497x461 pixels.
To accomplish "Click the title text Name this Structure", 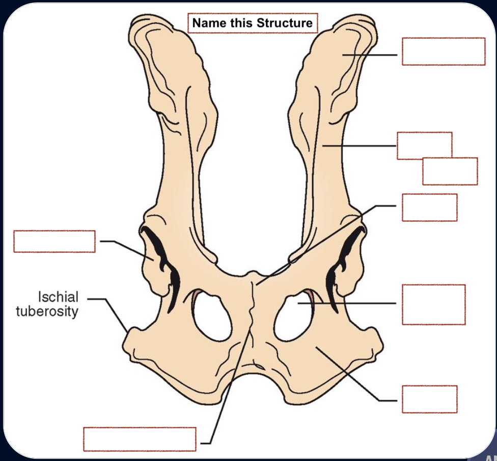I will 253,23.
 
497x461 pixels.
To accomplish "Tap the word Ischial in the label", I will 58,297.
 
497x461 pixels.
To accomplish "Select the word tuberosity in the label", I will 47,311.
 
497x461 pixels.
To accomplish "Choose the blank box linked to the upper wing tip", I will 443,51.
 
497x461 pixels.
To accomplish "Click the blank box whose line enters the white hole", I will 433,304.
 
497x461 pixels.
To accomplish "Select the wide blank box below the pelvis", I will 140,439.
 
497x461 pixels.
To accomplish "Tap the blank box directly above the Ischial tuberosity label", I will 54,241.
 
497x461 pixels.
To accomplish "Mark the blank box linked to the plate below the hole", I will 429,399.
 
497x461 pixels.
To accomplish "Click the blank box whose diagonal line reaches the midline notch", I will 429,207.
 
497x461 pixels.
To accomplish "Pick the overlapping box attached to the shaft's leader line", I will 424,145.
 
